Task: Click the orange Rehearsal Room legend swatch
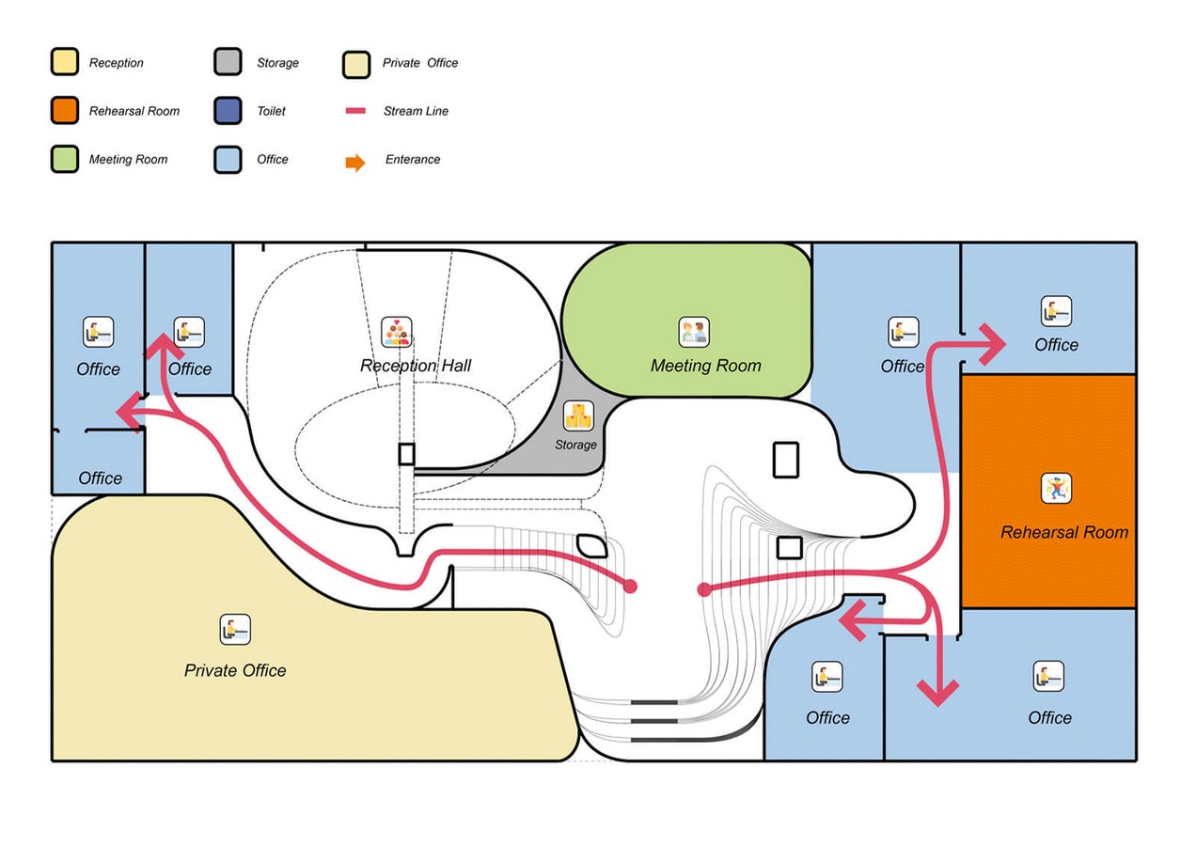(x=65, y=111)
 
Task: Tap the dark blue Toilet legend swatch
(x=228, y=111)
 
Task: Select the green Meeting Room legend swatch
(x=65, y=159)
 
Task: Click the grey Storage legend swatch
(x=228, y=62)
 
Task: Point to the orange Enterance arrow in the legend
(x=355, y=163)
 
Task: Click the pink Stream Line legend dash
(x=355, y=111)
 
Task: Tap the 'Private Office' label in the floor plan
(x=235, y=670)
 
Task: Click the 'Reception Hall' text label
(x=416, y=366)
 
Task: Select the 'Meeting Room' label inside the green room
(x=706, y=366)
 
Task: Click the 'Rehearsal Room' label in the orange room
(x=1064, y=532)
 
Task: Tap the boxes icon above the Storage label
(x=579, y=415)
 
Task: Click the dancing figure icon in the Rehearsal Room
(x=1056, y=489)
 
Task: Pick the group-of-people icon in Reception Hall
(x=396, y=332)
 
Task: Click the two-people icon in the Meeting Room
(x=694, y=332)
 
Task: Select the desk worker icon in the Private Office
(x=235, y=629)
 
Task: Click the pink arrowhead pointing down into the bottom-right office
(x=938, y=692)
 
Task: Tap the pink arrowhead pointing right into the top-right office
(x=994, y=344)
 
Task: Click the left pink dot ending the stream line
(x=631, y=586)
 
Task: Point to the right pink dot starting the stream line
(x=704, y=589)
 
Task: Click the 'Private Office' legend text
(x=420, y=63)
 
